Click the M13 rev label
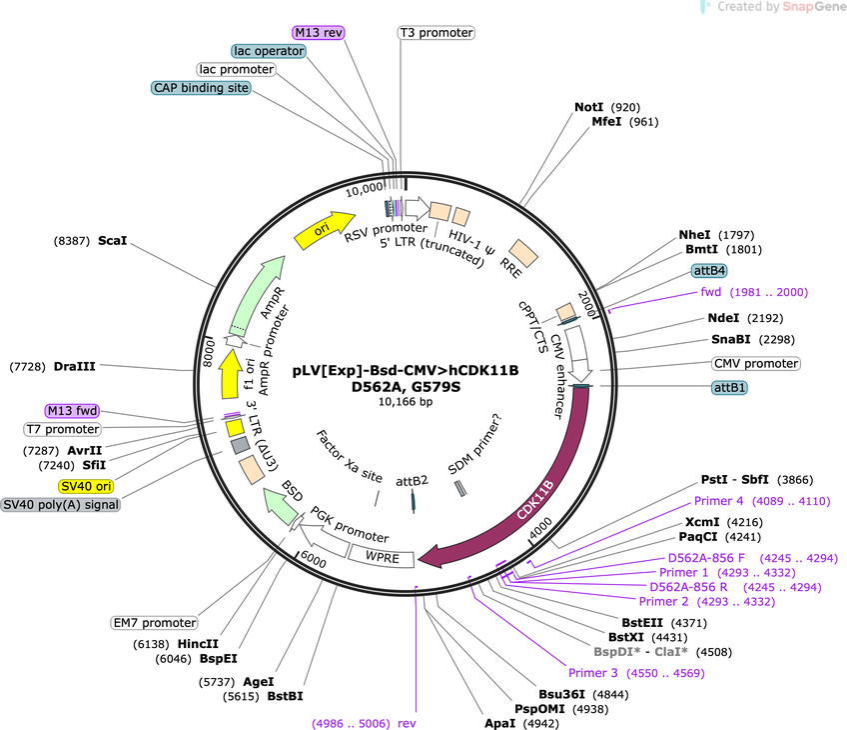[319, 32]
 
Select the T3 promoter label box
[436, 32]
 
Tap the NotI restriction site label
[588, 107]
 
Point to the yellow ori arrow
[323, 230]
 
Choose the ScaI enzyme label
[112, 241]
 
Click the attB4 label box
[709, 270]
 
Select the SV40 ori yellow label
[86, 486]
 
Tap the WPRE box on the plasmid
[382, 557]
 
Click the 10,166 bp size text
[406, 402]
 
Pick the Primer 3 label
[592, 673]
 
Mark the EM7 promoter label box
[155, 623]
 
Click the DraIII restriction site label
[74, 367]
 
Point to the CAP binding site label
[201, 88]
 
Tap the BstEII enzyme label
[643, 623]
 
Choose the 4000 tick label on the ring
[540, 528]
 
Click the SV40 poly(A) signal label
[61, 505]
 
